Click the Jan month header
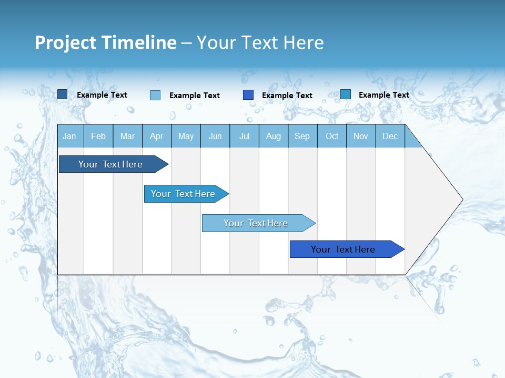click(x=69, y=136)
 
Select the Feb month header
click(x=98, y=136)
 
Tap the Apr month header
click(x=156, y=136)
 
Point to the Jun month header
click(x=215, y=136)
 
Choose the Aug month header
click(x=273, y=136)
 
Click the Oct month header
click(x=332, y=136)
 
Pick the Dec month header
click(x=390, y=136)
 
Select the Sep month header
click(x=302, y=136)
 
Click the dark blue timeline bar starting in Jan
click(x=110, y=164)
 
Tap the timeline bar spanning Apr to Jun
click(x=183, y=194)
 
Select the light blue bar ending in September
click(x=256, y=223)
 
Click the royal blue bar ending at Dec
click(x=343, y=249)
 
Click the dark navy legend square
click(x=63, y=94)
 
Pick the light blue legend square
click(x=155, y=95)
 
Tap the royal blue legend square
click(x=248, y=95)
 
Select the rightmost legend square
click(x=346, y=94)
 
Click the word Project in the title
click(x=65, y=43)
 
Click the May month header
click(x=186, y=136)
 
